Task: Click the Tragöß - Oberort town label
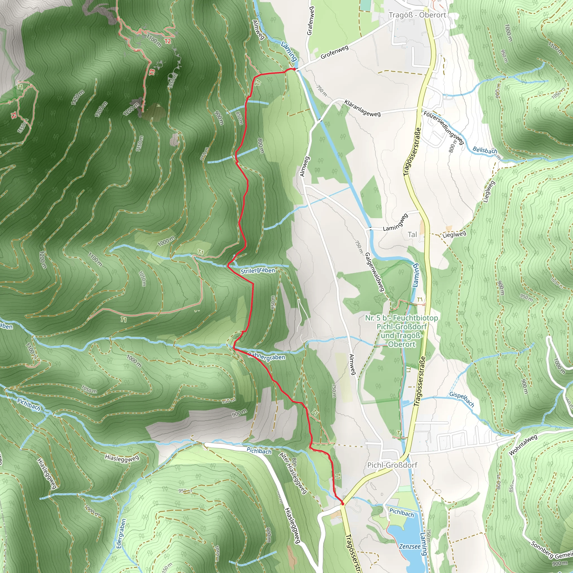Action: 417,15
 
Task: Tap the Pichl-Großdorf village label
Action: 392,465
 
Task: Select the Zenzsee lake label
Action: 410,546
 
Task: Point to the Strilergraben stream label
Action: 258,271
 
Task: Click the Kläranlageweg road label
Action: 362,108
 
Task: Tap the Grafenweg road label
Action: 310,21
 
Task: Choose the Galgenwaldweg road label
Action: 375,271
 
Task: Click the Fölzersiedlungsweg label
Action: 443,128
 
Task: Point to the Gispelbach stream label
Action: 461,400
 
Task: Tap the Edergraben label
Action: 122,533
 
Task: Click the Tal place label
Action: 412,234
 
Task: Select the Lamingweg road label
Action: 395,222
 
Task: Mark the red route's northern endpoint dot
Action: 293,69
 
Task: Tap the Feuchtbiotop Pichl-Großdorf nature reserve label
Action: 401,331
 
